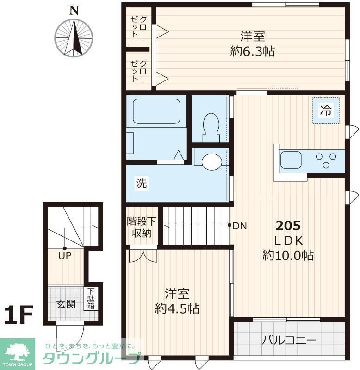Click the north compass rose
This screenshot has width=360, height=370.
[74, 37]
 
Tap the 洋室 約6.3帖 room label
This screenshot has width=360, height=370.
[252, 43]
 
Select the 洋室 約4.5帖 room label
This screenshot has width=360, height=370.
[177, 301]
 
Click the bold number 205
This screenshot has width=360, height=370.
[288, 226]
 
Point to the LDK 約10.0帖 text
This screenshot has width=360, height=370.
[288, 248]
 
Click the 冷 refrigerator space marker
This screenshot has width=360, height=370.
[326, 111]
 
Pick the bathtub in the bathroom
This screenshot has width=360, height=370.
[156, 111]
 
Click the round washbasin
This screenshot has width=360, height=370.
[212, 161]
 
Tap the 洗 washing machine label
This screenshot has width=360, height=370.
[141, 183]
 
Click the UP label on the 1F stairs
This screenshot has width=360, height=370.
[64, 255]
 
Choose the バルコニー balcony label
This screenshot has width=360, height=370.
[289, 341]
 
